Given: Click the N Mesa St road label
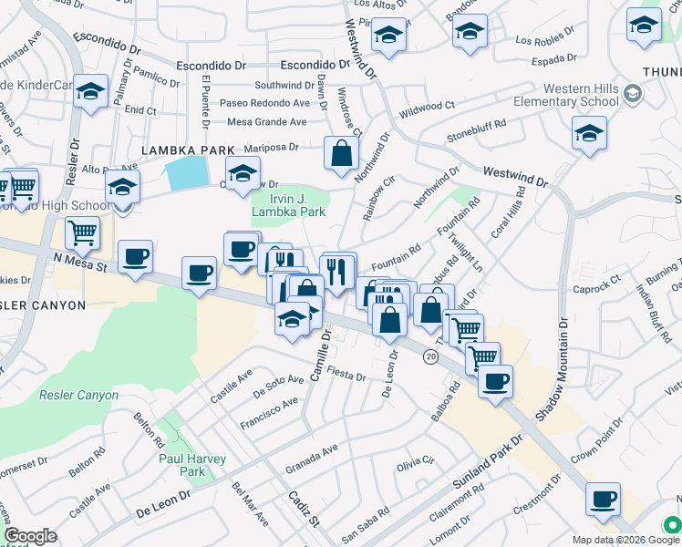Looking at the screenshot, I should (79, 263).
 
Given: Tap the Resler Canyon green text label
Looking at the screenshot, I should (78, 396).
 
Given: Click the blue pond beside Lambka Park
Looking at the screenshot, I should (188, 172).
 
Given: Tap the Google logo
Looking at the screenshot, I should (30, 536).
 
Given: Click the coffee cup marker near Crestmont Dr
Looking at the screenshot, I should (602, 500).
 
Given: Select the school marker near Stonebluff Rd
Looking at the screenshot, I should (589, 135).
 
